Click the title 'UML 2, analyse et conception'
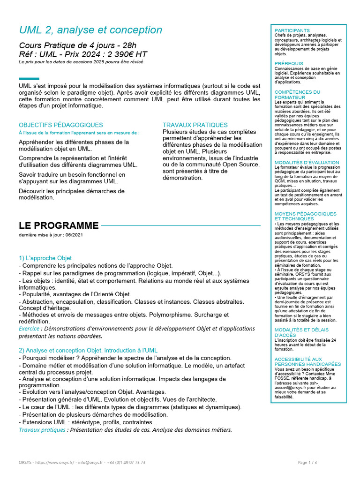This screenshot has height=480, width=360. [90, 30]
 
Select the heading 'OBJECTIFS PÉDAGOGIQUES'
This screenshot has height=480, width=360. [60, 125]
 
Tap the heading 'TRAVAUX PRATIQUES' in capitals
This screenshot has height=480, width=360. [195, 125]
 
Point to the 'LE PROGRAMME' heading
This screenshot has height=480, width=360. [59, 225]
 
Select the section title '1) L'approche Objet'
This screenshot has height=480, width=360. [45, 258]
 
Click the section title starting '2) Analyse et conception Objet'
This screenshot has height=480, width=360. [88, 350]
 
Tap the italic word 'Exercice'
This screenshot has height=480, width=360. [29, 329]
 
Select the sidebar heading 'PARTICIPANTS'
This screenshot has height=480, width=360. [292, 30]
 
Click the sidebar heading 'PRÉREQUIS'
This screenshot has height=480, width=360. [289, 63]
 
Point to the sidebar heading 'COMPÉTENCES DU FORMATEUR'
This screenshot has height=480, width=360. [297, 95]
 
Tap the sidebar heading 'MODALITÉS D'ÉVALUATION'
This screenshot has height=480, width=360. [307, 163]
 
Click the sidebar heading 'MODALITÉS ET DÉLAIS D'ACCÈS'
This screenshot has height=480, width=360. [301, 332]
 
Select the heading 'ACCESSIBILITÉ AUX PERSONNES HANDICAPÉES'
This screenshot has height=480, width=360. [307, 361]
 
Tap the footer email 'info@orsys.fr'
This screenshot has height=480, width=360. [90, 462]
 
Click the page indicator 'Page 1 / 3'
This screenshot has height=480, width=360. [307, 462]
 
